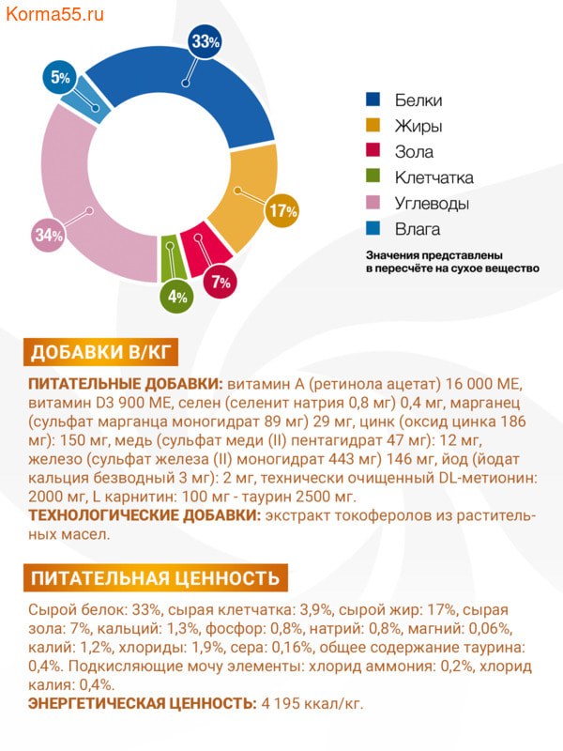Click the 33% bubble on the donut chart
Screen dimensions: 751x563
[x=205, y=41]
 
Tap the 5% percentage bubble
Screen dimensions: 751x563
[x=61, y=77]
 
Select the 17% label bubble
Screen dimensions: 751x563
[x=282, y=211]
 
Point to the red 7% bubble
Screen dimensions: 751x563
[x=221, y=281]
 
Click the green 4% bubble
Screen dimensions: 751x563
[x=176, y=297]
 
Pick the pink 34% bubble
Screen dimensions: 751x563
[x=48, y=236]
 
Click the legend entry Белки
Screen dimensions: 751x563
[x=418, y=100]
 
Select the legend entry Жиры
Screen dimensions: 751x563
[x=418, y=126]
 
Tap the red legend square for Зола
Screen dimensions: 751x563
[x=373, y=152]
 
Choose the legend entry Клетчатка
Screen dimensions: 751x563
[x=433, y=177]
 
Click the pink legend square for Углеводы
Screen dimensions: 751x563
[x=373, y=204]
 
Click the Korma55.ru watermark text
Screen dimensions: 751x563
[x=53, y=16]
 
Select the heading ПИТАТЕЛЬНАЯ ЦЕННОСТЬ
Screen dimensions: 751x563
[x=155, y=577]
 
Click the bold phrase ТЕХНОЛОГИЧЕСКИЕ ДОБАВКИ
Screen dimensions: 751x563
[x=144, y=515]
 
